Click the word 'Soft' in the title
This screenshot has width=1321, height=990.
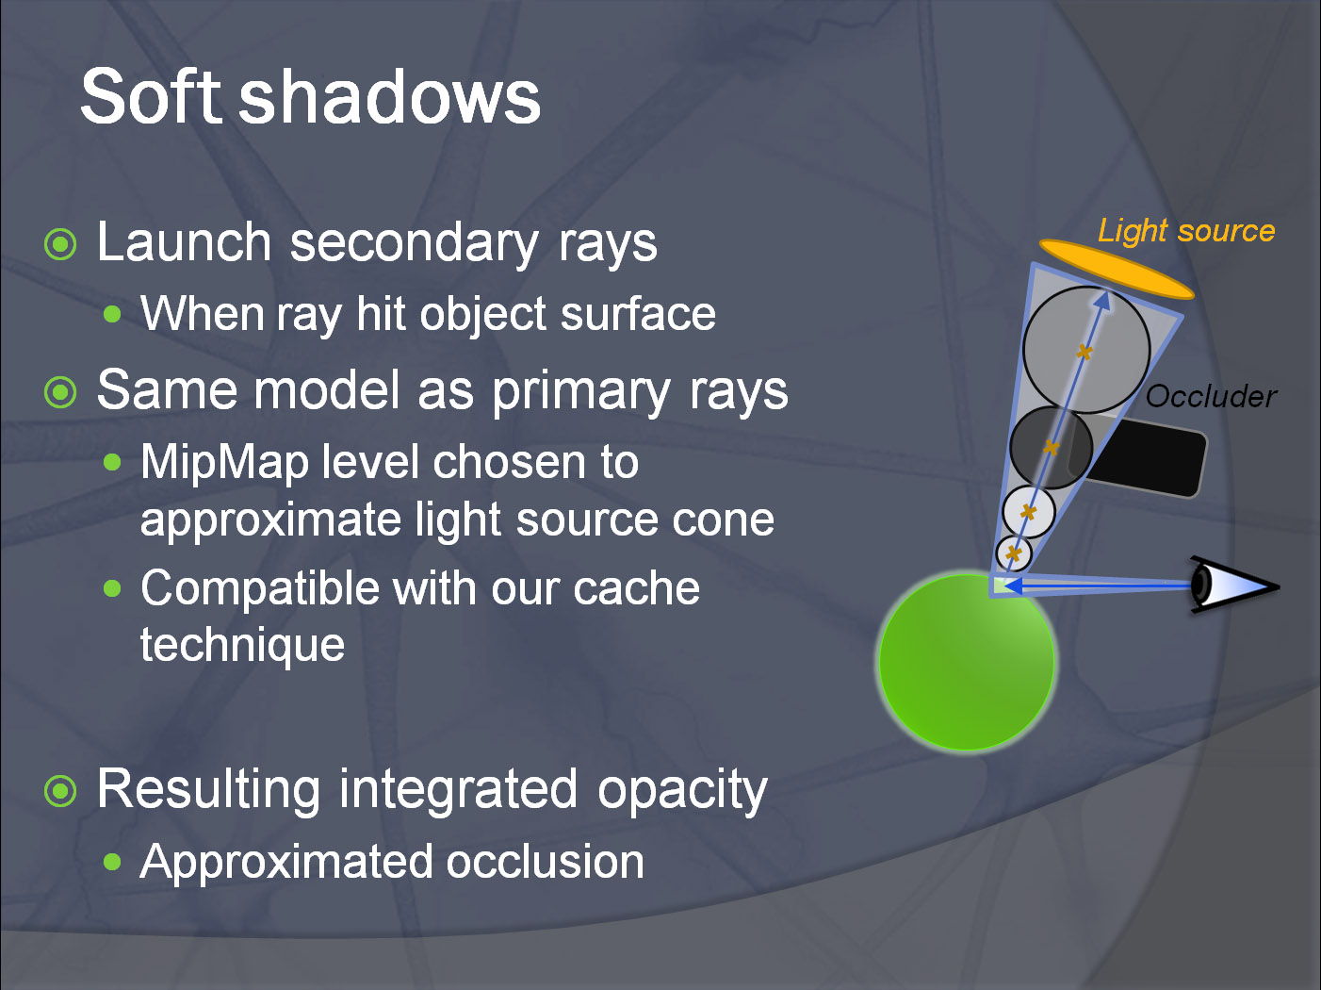151,96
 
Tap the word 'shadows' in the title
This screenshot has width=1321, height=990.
390,96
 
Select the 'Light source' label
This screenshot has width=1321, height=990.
1186,231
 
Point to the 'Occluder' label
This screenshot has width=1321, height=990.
1211,396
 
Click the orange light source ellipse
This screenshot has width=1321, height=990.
1117,269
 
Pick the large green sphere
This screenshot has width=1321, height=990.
967,662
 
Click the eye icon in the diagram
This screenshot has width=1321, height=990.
1233,586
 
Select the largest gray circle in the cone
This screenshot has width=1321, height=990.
1087,350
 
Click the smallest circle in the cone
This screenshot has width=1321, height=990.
1014,553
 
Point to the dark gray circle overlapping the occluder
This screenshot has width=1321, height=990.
1051,447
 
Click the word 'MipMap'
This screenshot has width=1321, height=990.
225,463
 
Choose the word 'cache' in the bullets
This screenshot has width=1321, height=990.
636,587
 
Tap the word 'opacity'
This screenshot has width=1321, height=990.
682,790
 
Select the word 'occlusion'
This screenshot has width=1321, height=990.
545,861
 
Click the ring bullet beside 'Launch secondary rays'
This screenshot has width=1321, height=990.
61,244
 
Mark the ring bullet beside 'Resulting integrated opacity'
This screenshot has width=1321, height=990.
61,791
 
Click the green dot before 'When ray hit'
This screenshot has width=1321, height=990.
112,314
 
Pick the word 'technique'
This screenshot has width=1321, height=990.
242,645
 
